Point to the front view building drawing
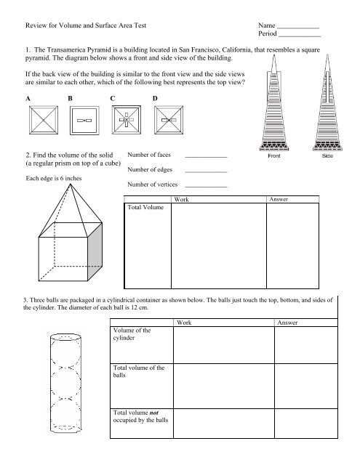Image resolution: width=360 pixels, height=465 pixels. tap(274, 102)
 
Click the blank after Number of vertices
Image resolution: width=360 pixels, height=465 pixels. tap(206, 187)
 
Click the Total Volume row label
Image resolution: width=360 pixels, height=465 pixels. tap(145, 207)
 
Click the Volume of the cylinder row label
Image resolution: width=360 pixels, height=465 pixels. tap(116, 334)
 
